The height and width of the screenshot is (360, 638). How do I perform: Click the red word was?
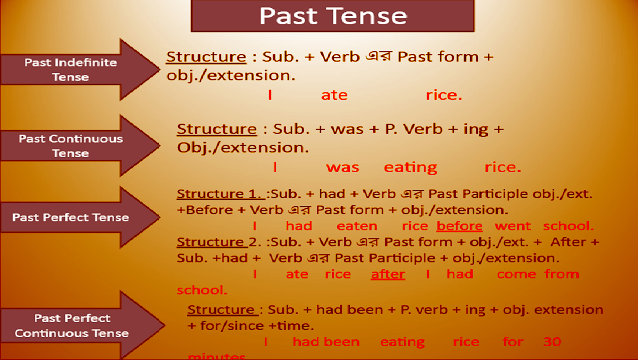(342, 167)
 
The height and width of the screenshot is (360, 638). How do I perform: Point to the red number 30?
(550, 342)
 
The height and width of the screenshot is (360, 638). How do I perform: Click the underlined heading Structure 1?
(221, 193)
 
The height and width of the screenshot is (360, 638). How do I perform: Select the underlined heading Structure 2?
(221, 242)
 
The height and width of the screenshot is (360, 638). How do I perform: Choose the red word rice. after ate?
(443, 96)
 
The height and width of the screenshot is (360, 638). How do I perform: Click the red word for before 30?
(513, 342)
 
